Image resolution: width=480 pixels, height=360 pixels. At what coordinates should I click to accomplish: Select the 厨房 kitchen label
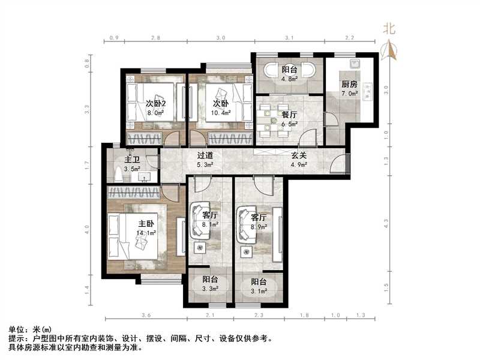click(350, 84)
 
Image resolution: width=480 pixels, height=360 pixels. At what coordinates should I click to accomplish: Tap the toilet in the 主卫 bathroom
click(118, 174)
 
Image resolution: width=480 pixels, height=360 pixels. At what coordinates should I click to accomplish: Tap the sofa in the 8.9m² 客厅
click(244, 224)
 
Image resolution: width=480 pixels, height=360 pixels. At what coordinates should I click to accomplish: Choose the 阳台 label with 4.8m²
click(290, 68)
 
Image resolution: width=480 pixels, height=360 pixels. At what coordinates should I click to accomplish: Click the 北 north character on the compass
click(389, 28)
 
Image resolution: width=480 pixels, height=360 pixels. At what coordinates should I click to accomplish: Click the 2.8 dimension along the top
click(155, 38)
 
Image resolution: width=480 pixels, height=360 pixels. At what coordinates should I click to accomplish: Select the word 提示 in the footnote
click(16, 338)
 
